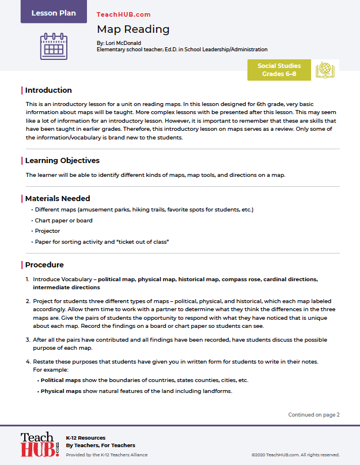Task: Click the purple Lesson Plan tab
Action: point(54,13)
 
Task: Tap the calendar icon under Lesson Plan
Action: point(54,46)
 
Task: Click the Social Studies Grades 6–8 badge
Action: point(279,70)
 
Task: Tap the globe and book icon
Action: point(325,70)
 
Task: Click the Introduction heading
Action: point(48,90)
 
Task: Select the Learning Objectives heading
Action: point(62,161)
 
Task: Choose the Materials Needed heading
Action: point(58,199)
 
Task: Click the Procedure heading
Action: point(44,265)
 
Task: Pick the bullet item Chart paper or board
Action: point(63,221)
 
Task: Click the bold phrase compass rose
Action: point(242,279)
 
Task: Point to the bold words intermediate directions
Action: point(66,287)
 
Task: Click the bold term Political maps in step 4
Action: point(60,381)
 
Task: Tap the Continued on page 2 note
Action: point(314,414)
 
